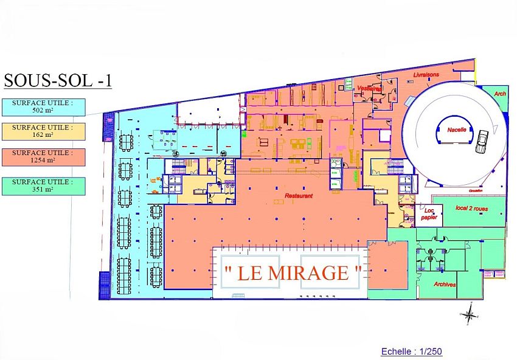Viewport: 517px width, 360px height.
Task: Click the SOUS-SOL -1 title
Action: pos(58,81)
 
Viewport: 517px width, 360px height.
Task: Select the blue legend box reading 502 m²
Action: pos(43,107)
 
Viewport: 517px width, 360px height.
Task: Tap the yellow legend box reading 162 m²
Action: pos(43,131)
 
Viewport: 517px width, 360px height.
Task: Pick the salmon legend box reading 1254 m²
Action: pos(43,157)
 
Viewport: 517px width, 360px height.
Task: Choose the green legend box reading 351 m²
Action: pos(43,185)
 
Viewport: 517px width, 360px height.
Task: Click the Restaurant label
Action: pos(299,196)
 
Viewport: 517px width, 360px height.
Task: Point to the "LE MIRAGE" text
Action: pos(293,273)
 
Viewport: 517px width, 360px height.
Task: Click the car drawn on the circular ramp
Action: pos(484,141)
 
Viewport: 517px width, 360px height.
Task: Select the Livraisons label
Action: pos(426,74)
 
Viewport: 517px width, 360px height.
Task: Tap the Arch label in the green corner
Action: pos(500,94)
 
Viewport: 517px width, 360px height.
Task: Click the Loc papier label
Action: pos(430,213)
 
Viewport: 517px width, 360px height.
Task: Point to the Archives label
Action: pos(445,284)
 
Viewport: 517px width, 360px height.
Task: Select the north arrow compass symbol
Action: pos(469,314)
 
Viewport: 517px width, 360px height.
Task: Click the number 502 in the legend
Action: pos(35,111)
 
